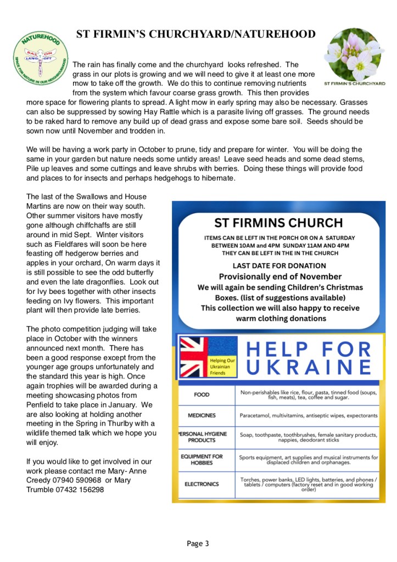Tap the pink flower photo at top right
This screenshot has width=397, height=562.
(354, 53)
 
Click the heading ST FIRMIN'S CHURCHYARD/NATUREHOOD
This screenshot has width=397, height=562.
(195, 34)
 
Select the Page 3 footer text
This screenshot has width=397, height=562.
(198, 544)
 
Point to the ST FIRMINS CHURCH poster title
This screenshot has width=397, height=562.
(278, 223)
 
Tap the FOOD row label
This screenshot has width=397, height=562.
(202, 394)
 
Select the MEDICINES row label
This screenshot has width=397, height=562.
(202, 416)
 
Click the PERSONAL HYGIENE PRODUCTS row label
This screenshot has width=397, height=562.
(202, 437)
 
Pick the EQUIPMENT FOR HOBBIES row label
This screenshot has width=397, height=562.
(202, 459)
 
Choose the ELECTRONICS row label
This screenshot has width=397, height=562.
(202, 484)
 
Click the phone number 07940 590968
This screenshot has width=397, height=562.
(76, 480)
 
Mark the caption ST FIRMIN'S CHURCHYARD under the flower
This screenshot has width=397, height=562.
(354, 84)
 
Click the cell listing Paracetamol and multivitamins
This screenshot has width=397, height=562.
(309, 416)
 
